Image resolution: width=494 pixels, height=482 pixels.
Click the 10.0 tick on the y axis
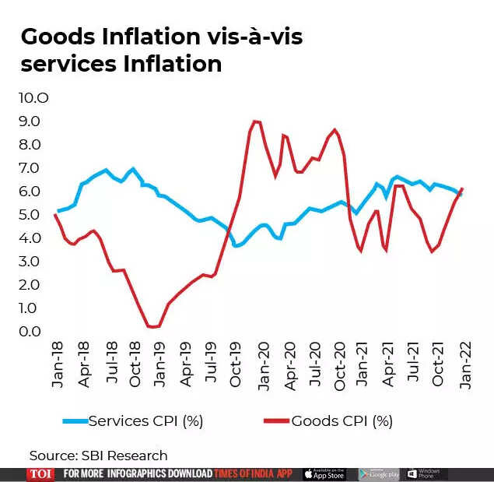[33, 98]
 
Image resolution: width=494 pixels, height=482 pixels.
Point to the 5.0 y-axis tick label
[30, 215]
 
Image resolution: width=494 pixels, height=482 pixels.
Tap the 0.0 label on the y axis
[30, 332]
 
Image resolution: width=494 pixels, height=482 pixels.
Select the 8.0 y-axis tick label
[30, 145]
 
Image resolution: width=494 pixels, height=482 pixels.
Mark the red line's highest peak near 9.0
[255, 121]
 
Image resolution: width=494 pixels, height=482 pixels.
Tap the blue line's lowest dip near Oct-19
[236, 246]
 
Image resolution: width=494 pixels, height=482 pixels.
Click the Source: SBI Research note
[99, 455]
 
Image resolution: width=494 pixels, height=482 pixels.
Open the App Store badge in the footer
[324, 473]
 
